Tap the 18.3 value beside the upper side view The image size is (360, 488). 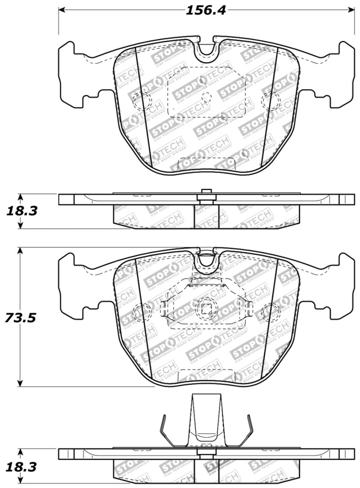(21, 211)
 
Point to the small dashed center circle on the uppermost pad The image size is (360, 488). (207, 96)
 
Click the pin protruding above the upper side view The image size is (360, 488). (207, 192)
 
